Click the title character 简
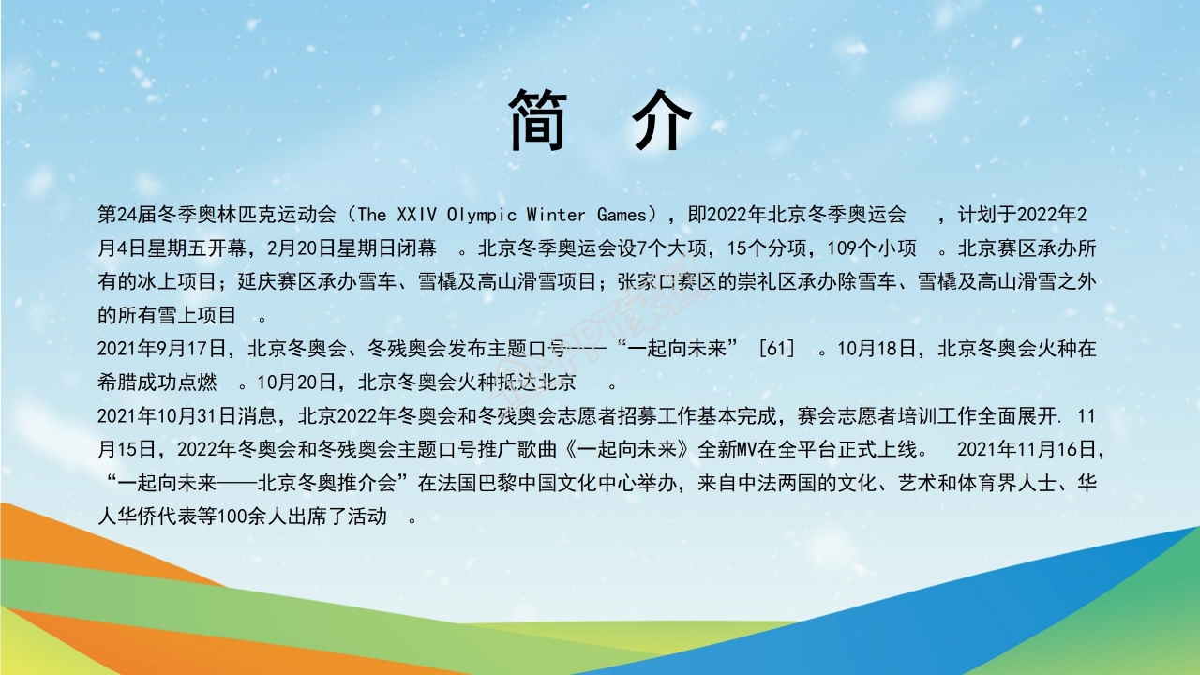[538, 121]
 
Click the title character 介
[662, 121]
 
